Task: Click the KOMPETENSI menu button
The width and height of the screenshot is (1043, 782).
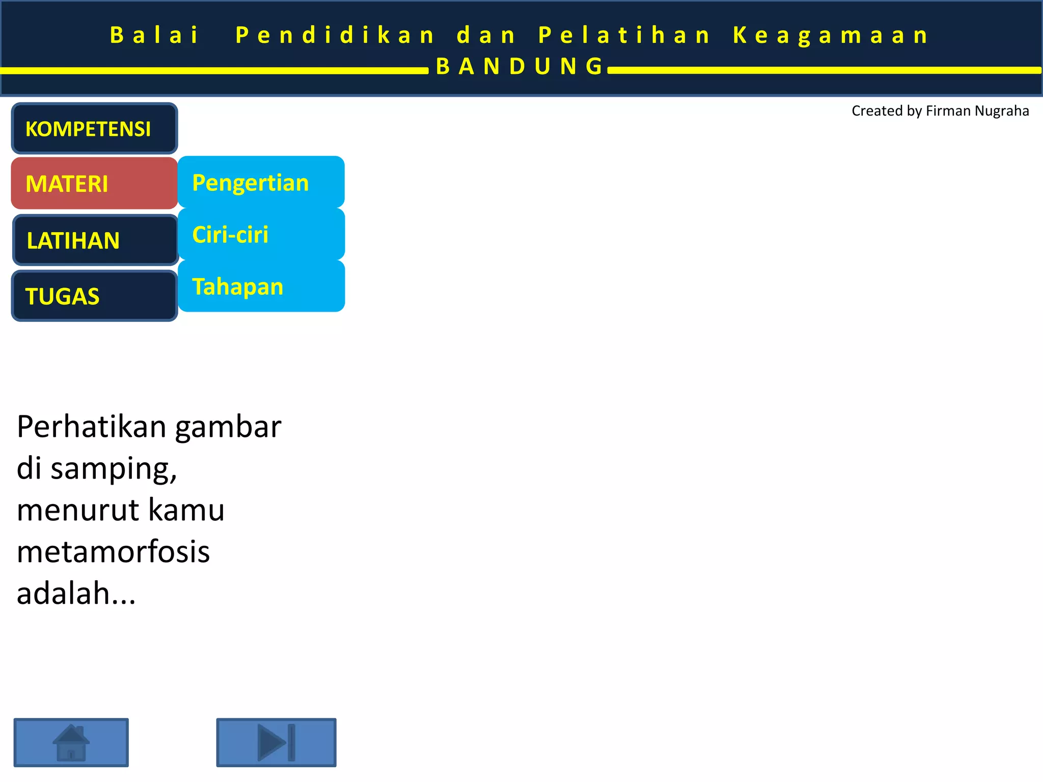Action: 94,128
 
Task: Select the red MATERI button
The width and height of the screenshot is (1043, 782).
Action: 94,183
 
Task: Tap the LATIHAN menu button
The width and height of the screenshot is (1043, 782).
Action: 95,240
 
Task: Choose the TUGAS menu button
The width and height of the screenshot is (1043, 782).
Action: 94,296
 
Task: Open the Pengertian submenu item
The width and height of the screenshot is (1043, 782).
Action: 261,182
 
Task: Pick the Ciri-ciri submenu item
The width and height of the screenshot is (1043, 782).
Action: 261,234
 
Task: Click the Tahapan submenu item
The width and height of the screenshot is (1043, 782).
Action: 261,286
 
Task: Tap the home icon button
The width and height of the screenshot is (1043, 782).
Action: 71,742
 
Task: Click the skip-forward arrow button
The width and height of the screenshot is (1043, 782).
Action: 276,742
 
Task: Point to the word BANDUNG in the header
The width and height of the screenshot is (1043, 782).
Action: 519,66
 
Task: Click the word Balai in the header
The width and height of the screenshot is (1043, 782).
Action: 154,35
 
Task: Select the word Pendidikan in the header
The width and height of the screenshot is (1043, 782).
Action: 335,35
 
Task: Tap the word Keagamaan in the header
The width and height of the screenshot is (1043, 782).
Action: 831,35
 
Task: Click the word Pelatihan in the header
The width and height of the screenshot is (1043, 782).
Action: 624,35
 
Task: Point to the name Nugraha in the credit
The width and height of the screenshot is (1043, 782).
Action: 1002,111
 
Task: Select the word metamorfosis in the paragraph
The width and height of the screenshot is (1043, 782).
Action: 113,551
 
